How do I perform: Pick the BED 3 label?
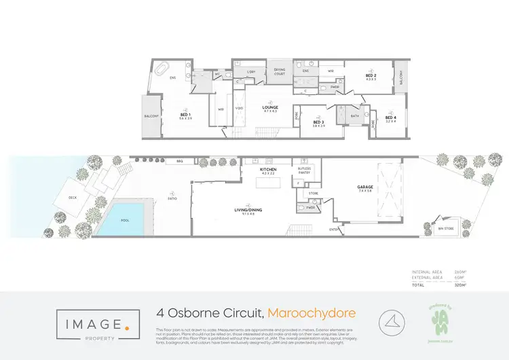click(319, 123)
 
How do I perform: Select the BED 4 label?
click(391, 118)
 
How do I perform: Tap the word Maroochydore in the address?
click(312, 314)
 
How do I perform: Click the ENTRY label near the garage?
click(335, 230)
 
